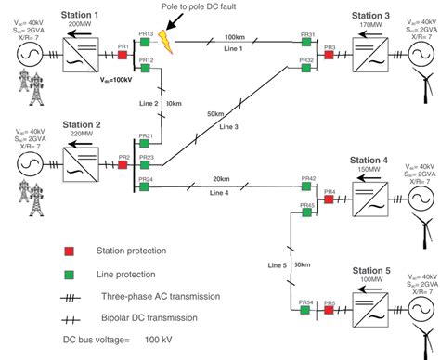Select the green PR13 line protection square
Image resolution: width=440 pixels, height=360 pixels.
[146, 43]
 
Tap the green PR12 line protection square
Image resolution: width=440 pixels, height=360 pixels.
[146, 68]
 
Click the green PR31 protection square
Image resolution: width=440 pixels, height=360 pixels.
[307, 43]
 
